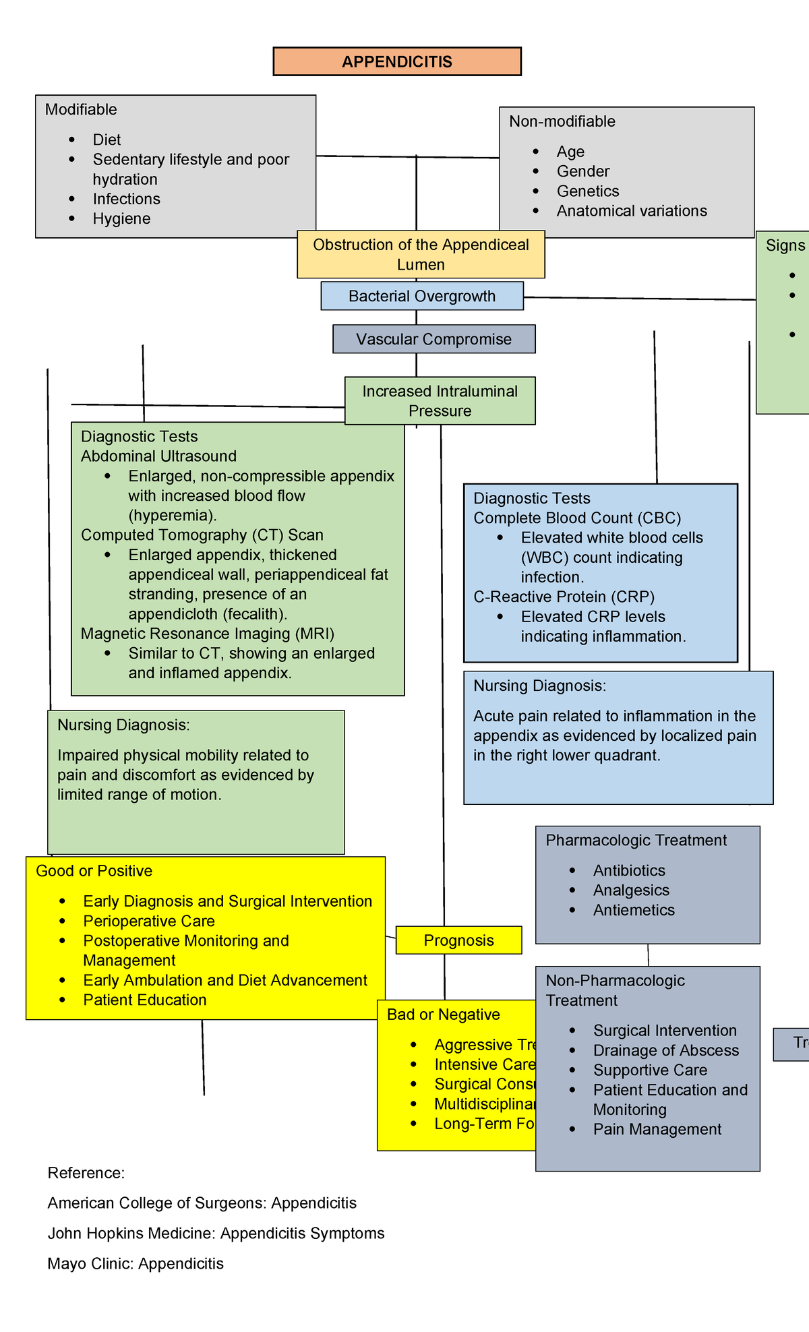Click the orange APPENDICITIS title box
[x=396, y=61]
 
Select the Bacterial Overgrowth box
[x=422, y=296]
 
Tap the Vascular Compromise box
[x=433, y=339]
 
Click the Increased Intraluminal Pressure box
[x=440, y=400]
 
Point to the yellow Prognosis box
[x=458, y=940]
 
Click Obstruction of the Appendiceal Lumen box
[x=421, y=254]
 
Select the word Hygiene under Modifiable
[x=121, y=218]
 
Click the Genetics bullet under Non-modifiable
[x=587, y=191]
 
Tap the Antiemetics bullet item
[x=633, y=910]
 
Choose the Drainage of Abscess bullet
[x=665, y=1050]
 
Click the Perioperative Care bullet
[x=148, y=921]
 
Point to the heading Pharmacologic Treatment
[x=636, y=840]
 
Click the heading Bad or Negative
[x=443, y=1015]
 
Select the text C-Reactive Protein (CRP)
[x=564, y=597]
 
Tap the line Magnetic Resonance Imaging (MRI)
[x=207, y=634]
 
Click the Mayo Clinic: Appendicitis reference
[x=135, y=1263]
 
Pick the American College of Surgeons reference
[x=202, y=1203]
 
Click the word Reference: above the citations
[x=86, y=1173]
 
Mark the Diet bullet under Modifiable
[x=107, y=140]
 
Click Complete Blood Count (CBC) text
[x=577, y=518]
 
